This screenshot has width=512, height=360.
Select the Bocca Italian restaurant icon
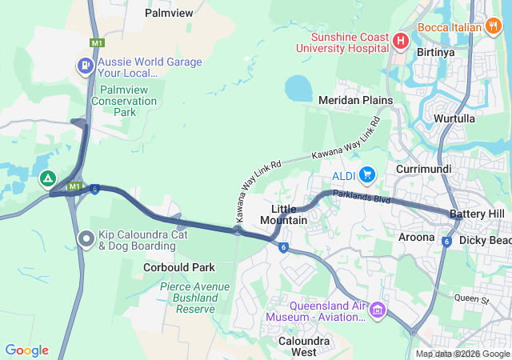pos(494,26)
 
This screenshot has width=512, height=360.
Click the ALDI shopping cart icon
pos(367,174)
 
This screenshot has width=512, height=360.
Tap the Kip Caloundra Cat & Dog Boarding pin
pos(86,238)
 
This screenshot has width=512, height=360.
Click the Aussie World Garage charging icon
pos(83,66)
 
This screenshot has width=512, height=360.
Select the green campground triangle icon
pos(48,178)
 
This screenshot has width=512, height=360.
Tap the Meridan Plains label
pos(355,100)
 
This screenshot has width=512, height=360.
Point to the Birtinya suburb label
pos(437,52)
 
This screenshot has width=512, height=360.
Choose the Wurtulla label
pos(454,118)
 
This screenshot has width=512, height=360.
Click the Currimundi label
pos(424,170)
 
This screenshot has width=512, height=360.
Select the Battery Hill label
pos(477,214)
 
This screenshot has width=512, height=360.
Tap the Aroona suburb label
pos(417,237)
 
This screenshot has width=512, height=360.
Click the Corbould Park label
pos(179,267)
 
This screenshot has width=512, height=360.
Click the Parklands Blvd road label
pos(361,195)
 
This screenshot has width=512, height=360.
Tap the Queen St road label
pos(471,299)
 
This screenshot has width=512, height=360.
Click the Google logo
pos(26,350)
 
